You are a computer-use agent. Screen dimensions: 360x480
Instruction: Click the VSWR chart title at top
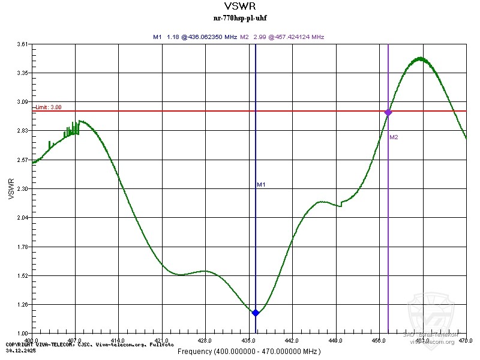pyautogui.click(x=239, y=7)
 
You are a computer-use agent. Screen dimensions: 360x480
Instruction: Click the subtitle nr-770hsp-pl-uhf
pyautogui.click(x=239, y=18)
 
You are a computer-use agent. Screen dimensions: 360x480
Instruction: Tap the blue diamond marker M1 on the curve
pyautogui.click(x=256, y=313)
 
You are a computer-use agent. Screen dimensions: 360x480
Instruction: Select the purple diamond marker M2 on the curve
pyautogui.click(x=388, y=112)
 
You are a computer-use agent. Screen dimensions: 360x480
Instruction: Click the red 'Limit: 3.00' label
pyautogui.click(x=48, y=107)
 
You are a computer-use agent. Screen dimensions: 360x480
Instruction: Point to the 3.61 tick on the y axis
pyautogui.click(x=23, y=44)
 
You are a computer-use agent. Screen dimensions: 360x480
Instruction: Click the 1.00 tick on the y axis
pyautogui.click(x=23, y=333)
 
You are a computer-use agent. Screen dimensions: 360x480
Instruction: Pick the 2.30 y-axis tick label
pyautogui.click(x=23, y=188)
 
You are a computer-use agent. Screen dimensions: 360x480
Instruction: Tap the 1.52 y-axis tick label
pyautogui.click(x=23, y=275)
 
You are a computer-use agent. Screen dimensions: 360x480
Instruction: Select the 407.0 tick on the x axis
pyautogui.click(x=75, y=340)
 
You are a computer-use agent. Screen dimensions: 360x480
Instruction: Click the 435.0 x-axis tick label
pyautogui.click(x=249, y=340)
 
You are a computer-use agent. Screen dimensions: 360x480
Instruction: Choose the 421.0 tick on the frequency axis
pyautogui.click(x=162, y=340)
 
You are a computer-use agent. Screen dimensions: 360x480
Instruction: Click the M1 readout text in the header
pyautogui.click(x=194, y=37)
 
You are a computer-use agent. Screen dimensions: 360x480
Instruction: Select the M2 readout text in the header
pyautogui.click(x=282, y=37)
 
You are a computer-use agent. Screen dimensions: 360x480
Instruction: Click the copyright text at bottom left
pyautogui.click(x=90, y=345)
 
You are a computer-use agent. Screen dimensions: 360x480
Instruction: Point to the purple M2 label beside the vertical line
pyautogui.click(x=394, y=137)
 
